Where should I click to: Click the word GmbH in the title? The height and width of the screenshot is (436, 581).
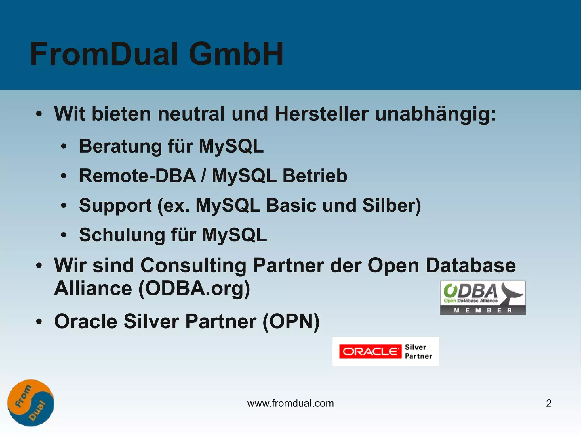(x=236, y=54)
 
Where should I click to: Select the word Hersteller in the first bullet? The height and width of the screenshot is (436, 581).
(x=321, y=114)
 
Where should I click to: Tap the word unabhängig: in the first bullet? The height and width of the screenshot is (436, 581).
(x=435, y=114)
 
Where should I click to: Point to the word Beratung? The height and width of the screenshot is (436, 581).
(x=120, y=147)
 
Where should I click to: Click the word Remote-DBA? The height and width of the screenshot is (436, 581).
(x=138, y=176)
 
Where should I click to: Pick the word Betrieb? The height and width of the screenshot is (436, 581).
(x=315, y=176)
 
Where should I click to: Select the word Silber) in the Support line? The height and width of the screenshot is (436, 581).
(x=391, y=205)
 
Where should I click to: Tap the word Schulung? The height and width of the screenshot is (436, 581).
(x=122, y=235)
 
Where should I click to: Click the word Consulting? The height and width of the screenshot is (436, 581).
(x=193, y=266)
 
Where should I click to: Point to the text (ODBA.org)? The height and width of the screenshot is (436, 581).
(x=194, y=289)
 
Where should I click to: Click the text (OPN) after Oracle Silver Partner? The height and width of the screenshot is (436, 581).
(x=291, y=322)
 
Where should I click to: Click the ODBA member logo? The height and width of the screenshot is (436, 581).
(x=483, y=297)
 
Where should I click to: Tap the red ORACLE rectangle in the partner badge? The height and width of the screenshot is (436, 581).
(x=370, y=352)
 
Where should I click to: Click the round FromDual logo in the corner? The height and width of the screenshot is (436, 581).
(x=31, y=403)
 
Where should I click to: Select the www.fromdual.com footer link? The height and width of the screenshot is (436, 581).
(x=290, y=403)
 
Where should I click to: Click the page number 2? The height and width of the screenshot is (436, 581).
(x=549, y=403)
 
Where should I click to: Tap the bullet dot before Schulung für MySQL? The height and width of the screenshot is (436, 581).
(x=64, y=235)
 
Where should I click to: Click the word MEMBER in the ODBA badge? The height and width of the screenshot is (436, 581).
(x=483, y=310)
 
